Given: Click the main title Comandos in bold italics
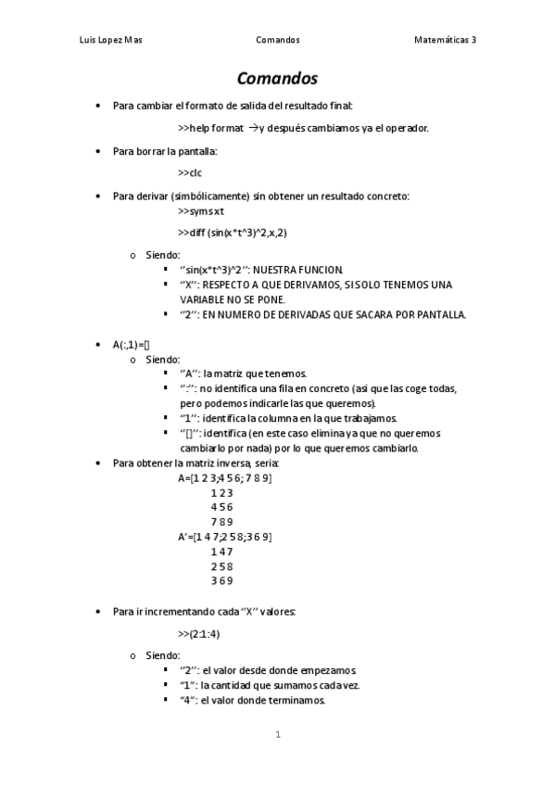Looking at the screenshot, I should pos(277,79).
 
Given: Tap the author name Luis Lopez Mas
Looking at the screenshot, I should pos(111,40).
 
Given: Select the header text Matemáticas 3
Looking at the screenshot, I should pos(446,40).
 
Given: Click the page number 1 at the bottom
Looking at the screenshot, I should pos(277,735).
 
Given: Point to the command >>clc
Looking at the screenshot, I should pos(189,172).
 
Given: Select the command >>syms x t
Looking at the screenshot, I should pos(200,210).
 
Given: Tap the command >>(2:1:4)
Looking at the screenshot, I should pos(198,634).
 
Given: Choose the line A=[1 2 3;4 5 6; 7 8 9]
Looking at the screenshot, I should pos(225,478).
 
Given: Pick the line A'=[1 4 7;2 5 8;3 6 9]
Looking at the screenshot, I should pos(225,537).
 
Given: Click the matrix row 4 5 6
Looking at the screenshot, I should pos(221,507).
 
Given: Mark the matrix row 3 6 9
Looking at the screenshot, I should pos(221,580).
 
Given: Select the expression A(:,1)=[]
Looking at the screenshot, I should pos(132,345).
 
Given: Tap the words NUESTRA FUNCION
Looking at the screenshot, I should pos(297,269).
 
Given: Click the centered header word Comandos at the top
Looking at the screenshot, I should pos(277,40).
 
